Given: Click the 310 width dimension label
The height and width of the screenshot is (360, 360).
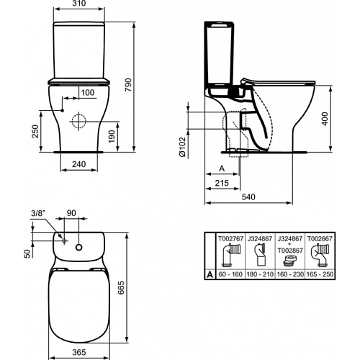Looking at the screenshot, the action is (x=78, y=4).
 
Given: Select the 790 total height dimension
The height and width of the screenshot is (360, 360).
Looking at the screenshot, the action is (x=129, y=85).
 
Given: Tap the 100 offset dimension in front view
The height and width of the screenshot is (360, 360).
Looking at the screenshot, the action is (x=88, y=92).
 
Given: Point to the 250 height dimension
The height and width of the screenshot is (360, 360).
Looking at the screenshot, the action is (x=35, y=131).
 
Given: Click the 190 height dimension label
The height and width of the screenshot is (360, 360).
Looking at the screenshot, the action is (x=112, y=136).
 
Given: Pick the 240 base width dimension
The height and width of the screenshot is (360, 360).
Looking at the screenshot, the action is (x=79, y=164).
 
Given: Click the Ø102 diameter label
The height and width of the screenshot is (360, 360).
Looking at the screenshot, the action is (x=182, y=147).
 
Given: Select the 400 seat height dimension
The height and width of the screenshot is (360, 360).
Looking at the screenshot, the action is (x=325, y=119).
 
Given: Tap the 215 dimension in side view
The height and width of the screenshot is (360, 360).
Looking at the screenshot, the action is (x=222, y=183).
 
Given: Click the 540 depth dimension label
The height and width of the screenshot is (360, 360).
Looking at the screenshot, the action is (x=248, y=197).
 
